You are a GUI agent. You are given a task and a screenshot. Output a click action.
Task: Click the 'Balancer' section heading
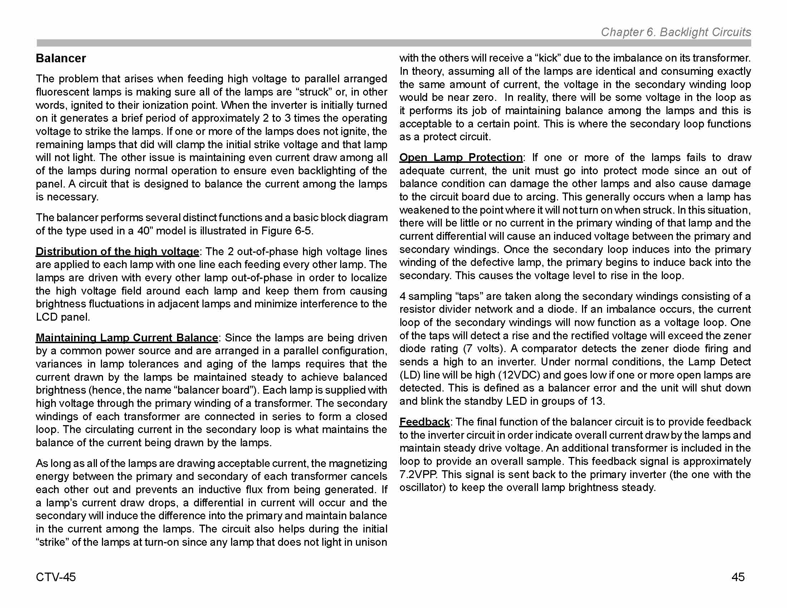(x=60, y=58)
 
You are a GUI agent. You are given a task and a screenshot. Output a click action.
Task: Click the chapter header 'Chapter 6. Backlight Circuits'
(x=676, y=32)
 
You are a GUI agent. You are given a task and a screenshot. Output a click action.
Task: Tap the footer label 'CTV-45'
(x=56, y=577)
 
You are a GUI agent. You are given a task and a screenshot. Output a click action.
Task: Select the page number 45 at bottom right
(x=738, y=577)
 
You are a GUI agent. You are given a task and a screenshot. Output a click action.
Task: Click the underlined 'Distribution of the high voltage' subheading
(x=117, y=251)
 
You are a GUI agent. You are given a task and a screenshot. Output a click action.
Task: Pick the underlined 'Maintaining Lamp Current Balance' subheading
(x=127, y=338)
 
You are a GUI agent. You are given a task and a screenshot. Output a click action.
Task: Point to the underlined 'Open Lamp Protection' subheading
(x=461, y=157)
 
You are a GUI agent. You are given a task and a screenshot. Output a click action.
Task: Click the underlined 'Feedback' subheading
(x=425, y=422)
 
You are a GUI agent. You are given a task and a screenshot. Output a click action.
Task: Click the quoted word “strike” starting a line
(x=52, y=542)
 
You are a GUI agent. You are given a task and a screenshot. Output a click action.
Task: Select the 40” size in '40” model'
(x=144, y=231)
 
